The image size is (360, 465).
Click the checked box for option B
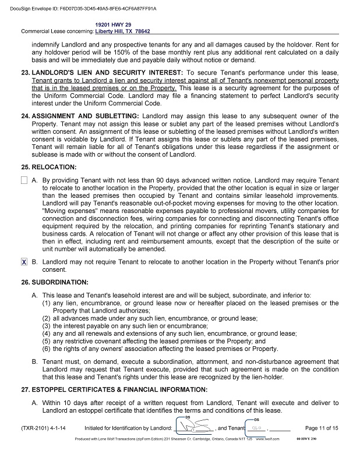24,262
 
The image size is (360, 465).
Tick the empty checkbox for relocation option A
24,181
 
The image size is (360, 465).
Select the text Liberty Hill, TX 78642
123,31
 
